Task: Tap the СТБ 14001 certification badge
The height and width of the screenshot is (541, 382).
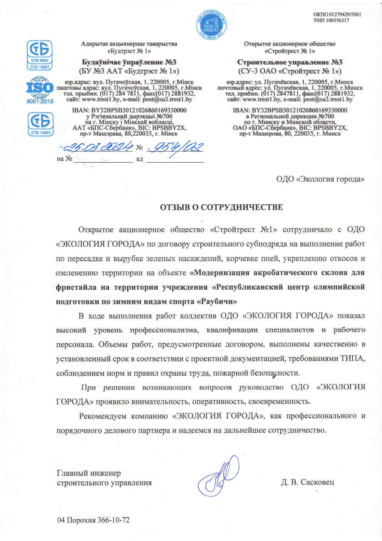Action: click(x=40, y=124)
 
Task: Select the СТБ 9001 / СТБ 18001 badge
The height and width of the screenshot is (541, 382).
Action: click(x=39, y=55)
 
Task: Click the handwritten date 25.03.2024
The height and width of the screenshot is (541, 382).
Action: click(x=98, y=147)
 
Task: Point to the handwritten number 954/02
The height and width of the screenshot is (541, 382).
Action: click(x=175, y=147)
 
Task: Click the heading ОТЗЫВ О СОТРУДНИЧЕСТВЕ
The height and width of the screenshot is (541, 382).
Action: click(x=221, y=207)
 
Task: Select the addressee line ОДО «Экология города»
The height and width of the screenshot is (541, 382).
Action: click(x=320, y=179)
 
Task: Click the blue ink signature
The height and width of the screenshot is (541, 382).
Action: click(x=218, y=476)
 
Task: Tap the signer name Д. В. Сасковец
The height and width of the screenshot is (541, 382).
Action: click(x=307, y=482)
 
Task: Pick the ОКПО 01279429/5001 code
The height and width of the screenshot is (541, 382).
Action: click(x=337, y=14)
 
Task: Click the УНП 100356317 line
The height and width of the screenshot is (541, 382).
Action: click(x=331, y=20)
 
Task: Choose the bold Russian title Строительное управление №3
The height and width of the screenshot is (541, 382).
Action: click(x=290, y=62)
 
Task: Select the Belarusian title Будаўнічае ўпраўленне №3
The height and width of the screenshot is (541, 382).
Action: click(x=129, y=62)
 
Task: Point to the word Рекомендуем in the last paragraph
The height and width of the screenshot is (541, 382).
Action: click(x=102, y=416)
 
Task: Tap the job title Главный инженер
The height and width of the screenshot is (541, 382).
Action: click(x=89, y=473)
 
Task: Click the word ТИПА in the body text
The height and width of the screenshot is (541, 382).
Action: click(x=352, y=359)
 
